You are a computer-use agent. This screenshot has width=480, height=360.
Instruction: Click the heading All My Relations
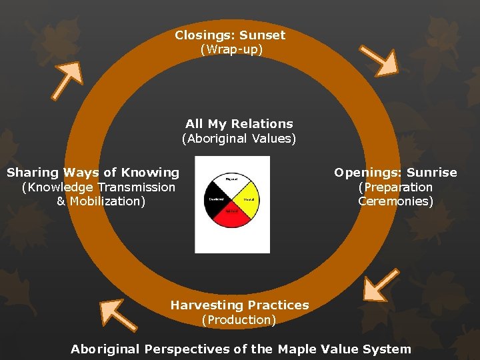tap(239, 124)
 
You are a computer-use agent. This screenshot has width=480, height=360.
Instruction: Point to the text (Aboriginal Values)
tap(239, 139)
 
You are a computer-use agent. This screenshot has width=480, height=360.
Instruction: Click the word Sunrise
tap(433, 173)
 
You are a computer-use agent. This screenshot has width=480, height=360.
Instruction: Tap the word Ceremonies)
tap(395, 201)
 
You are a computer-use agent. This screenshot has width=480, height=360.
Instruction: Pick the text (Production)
tap(239, 320)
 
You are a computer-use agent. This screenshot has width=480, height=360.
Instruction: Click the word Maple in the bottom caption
tap(296, 349)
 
